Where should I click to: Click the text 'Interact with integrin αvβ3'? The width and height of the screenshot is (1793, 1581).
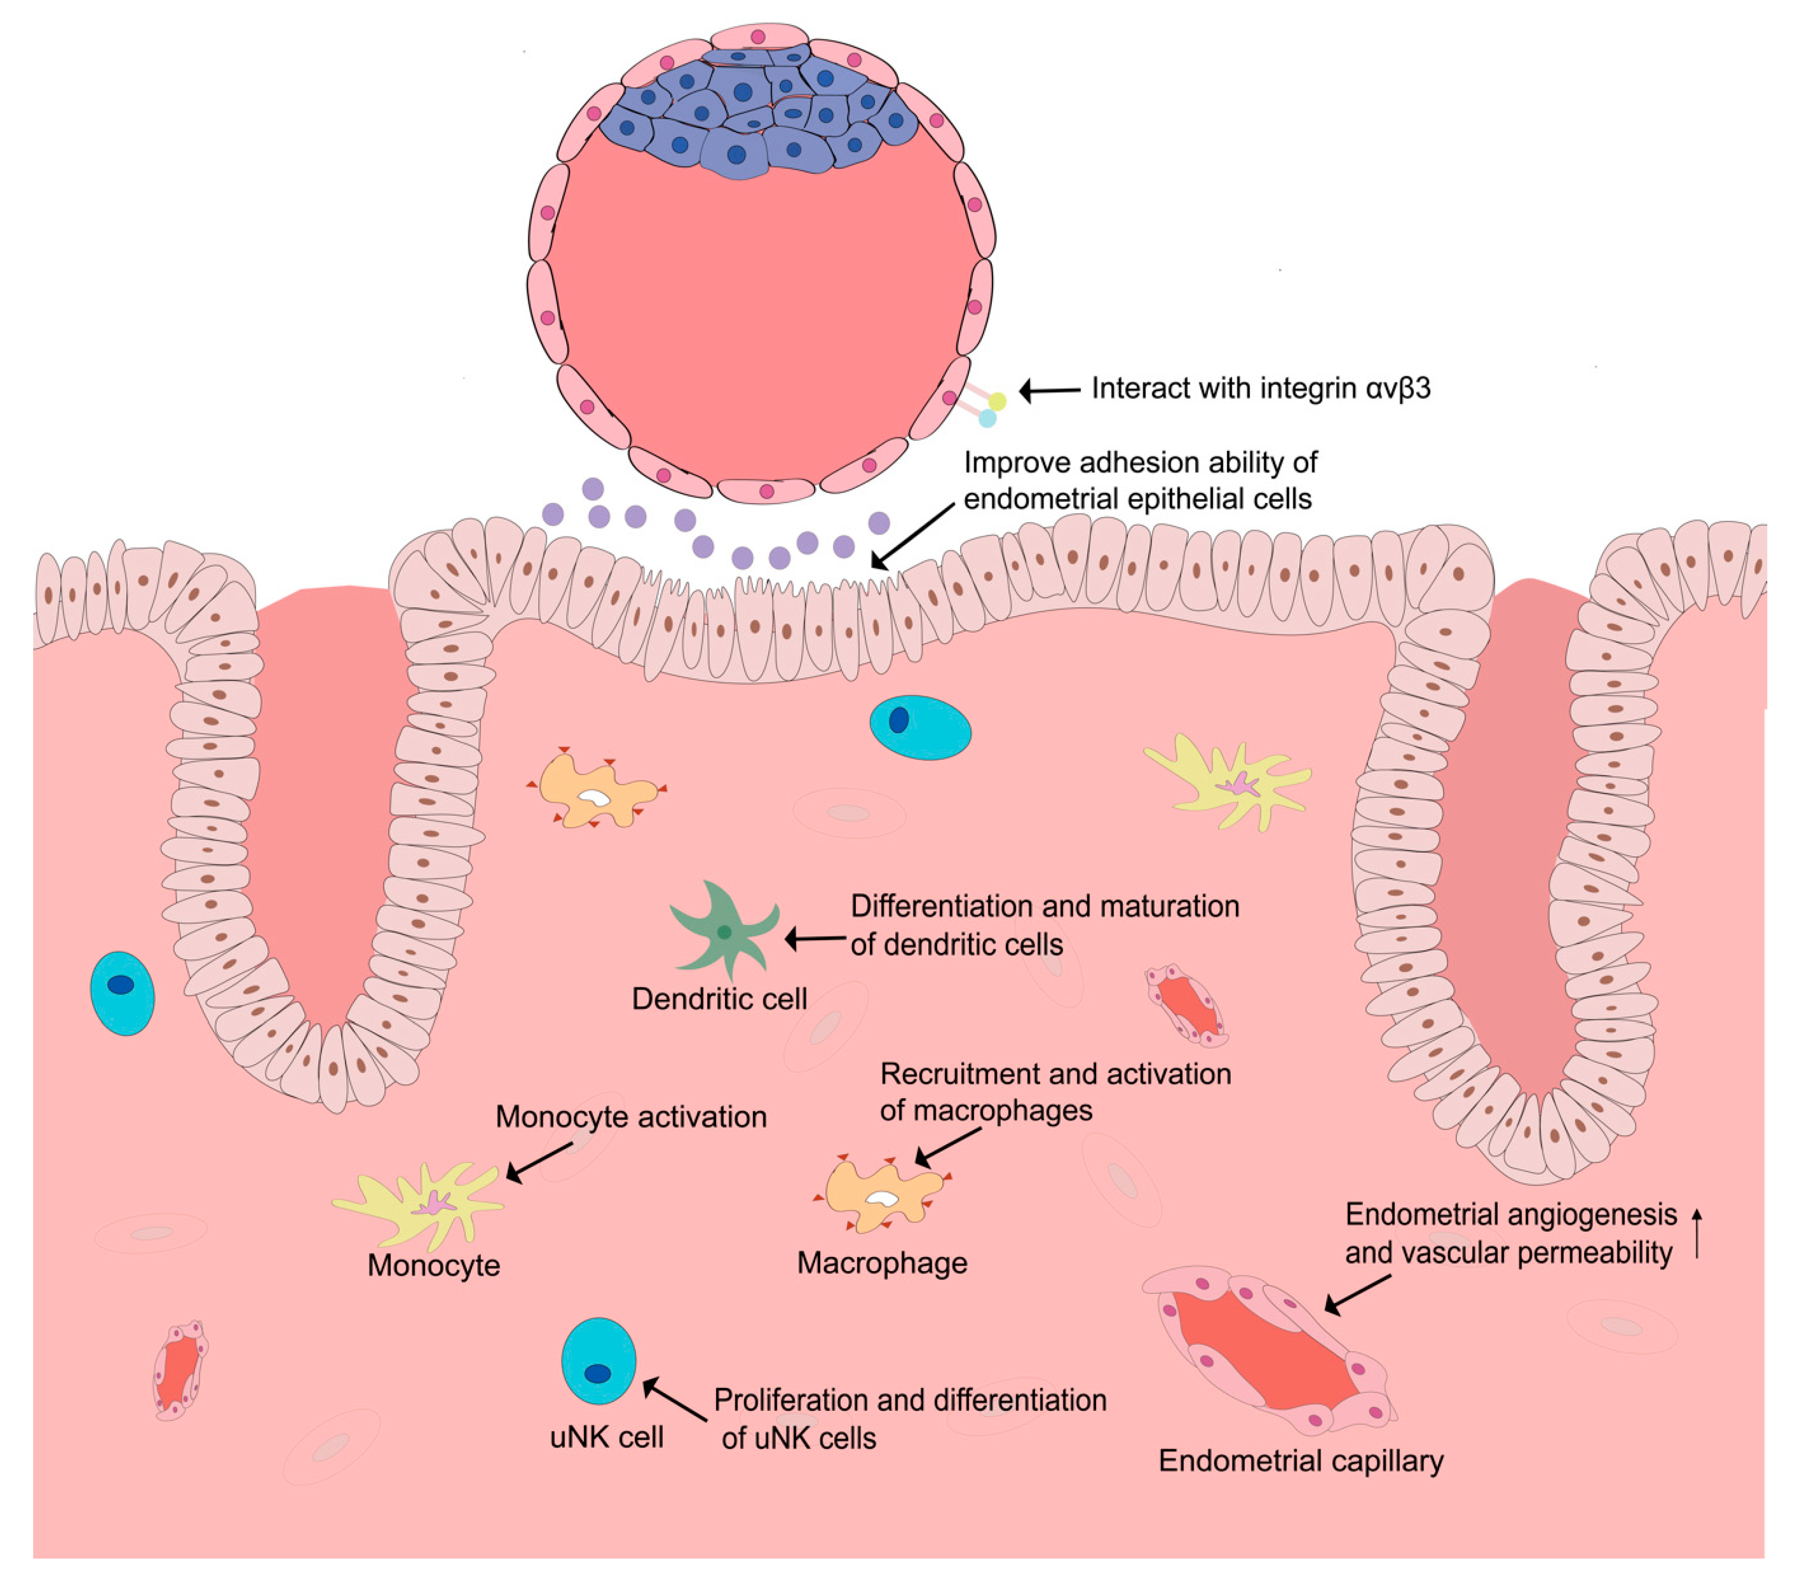pyautogui.click(x=1261, y=388)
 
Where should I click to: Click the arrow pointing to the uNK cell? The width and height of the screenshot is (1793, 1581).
pyautogui.click(x=675, y=1400)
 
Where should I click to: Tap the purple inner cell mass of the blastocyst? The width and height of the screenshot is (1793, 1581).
pyautogui.click(x=746, y=110)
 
